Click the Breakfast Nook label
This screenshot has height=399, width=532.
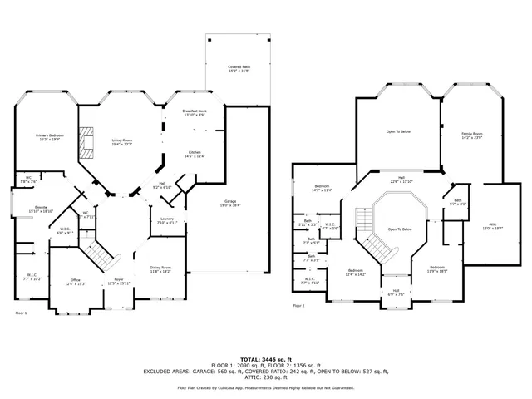[183, 113]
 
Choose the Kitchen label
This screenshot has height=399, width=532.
[195, 154]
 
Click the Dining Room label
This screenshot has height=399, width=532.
[160, 269]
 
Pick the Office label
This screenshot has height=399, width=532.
[75, 283]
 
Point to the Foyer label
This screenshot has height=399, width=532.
[119, 281]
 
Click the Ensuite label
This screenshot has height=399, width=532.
[41, 209]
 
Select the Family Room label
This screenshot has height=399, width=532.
[471, 135]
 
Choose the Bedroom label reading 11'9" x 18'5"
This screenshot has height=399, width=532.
[437, 269]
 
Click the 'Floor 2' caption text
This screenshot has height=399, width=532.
[298, 306]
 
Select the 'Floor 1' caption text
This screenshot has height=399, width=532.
[22, 313]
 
